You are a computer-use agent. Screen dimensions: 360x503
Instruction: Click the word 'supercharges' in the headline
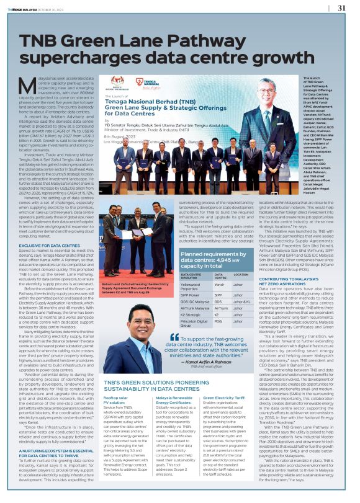point(81,61)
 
